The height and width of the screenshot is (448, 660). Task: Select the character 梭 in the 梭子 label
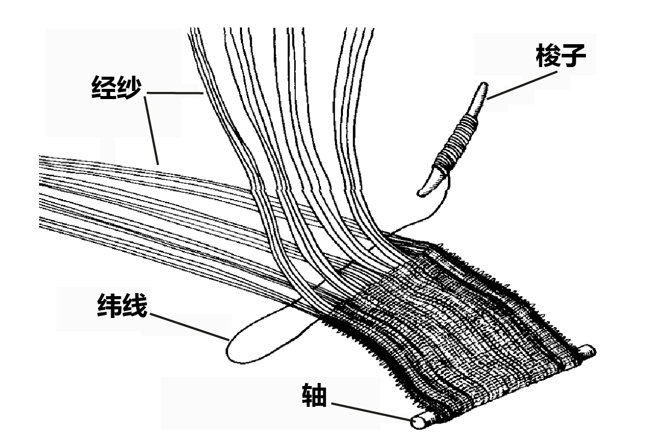pyautogui.click(x=549, y=57)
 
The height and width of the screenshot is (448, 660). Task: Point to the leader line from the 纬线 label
pyautogui.click(x=188, y=325)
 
